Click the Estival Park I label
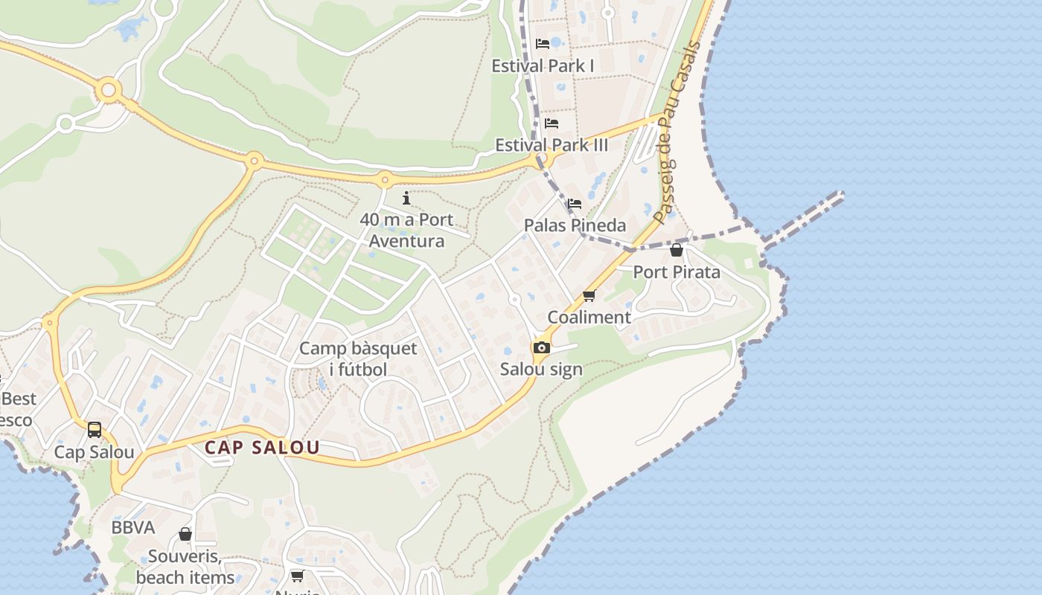pos(543,66)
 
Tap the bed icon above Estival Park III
pos(552,123)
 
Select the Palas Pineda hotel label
pos(575,225)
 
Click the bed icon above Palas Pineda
pos(575,204)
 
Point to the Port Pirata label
pos(677,272)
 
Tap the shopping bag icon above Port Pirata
pos(677,251)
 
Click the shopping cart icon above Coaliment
pos(589,296)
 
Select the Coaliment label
pos(589,318)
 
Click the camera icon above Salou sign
pos(541,347)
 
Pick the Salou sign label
pos(541,370)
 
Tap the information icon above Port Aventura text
pos(406,198)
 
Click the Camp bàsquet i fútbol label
pos(358,359)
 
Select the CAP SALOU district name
pos(262,448)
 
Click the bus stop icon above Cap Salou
pos(95,430)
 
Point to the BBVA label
pos(133,528)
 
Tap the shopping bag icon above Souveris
pos(185,535)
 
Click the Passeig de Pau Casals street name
pos(677,132)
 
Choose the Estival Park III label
pos(552,145)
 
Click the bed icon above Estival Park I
pos(543,44)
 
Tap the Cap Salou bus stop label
pos(95,452)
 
